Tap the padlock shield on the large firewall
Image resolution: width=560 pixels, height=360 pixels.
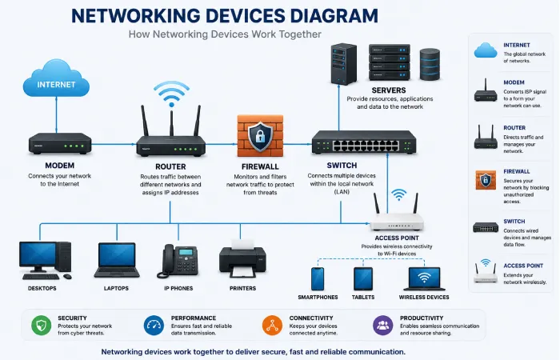tap(260, 137)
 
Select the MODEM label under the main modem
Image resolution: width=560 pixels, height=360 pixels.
tap(60, 166)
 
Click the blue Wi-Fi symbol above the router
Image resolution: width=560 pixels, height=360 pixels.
tap(171, 94)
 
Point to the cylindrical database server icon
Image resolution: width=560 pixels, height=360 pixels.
tap(430, 64)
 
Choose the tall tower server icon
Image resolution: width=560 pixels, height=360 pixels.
tap(343, 64)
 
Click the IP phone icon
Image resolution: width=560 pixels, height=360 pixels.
tap(178, 261)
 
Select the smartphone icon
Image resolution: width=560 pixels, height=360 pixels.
tap(318, 279)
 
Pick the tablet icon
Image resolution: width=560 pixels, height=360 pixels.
tap(363, 279)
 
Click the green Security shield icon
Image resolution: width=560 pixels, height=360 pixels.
tap(41, 326)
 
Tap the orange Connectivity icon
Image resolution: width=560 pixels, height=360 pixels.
tap(272, 326)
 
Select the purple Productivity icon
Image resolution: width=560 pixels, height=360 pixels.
tap(383, 326)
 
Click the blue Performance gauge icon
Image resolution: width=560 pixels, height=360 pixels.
tap(154, 326)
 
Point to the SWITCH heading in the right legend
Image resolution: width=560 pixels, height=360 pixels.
tap(514, 222)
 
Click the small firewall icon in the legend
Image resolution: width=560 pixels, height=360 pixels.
tap(486, 180)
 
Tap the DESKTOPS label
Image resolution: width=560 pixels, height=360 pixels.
tap(42, 288)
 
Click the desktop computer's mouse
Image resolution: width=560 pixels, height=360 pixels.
tap(67, 277)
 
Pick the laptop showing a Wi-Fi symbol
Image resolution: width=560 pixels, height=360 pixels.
tap(424, 279)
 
